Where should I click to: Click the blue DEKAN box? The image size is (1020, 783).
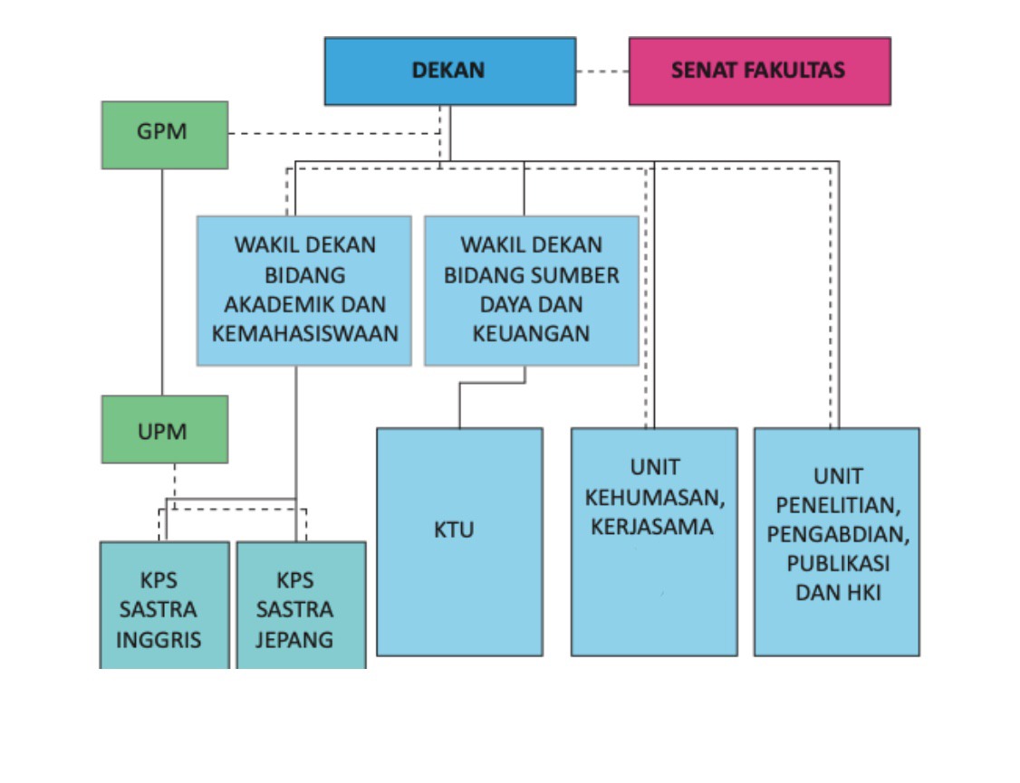click(449, 71)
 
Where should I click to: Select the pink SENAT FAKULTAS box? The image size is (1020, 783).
click(759, 71)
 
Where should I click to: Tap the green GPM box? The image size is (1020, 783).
click(164, 134)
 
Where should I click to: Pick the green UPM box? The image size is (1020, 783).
click(164, 429)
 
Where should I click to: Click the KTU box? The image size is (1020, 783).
click(458, 541)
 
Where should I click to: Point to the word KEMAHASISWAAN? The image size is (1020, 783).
click(304, 333)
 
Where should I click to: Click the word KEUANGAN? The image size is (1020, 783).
click(531, 333)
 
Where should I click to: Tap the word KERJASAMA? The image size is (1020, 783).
click(652, 527)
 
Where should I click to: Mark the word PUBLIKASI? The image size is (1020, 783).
click(837, 563)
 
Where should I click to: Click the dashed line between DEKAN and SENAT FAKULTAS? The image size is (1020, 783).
click(602, 71)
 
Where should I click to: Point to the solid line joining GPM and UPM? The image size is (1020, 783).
click(163, 281)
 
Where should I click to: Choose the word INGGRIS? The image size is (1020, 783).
click(159, 639)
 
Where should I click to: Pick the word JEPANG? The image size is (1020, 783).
click(293, 639)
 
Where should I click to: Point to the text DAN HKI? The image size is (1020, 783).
click(837, 593)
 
